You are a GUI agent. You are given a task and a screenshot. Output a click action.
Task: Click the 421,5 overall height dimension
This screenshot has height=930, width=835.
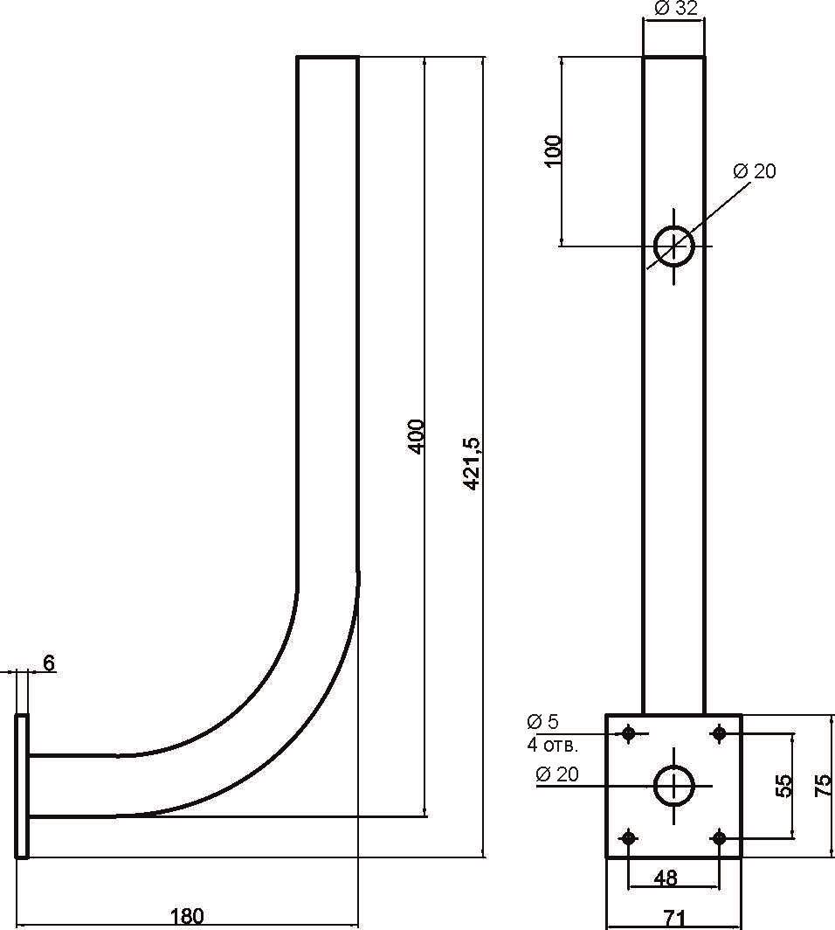pos(472,462)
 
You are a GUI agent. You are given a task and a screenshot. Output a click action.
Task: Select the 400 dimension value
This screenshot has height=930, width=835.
pos(417,435)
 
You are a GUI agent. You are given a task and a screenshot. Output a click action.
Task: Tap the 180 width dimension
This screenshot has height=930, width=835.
pos(186,916)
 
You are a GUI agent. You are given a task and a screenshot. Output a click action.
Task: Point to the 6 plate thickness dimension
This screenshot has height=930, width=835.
pos(49,663)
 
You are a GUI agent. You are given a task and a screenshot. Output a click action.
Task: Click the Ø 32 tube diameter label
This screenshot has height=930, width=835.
pos(675,10)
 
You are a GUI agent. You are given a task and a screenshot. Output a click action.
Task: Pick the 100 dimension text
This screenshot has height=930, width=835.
pos(553,151)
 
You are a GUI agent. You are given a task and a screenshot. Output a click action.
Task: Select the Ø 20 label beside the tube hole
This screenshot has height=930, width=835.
pos(755,170)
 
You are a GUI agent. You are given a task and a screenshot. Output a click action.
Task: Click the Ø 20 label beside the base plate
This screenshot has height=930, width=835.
pos(558,774)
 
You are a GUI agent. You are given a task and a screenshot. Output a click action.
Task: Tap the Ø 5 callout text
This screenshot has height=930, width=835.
pos(542,722)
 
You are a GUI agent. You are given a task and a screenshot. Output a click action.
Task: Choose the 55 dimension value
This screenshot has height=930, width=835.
pos(783,785)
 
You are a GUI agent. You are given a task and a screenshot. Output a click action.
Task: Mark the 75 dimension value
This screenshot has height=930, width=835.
pos(822,785)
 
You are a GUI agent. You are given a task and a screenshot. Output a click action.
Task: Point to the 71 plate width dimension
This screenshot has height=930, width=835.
pos(673,918)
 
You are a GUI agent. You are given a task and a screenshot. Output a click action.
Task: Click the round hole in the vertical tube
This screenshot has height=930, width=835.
pos(674,246)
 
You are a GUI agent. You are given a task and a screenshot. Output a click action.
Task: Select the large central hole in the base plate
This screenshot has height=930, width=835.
pos(674,786)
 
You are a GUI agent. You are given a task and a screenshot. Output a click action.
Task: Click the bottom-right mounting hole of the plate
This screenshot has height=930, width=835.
pos(719,838)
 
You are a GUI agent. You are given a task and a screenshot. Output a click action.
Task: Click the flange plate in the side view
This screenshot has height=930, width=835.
pos(22,786)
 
